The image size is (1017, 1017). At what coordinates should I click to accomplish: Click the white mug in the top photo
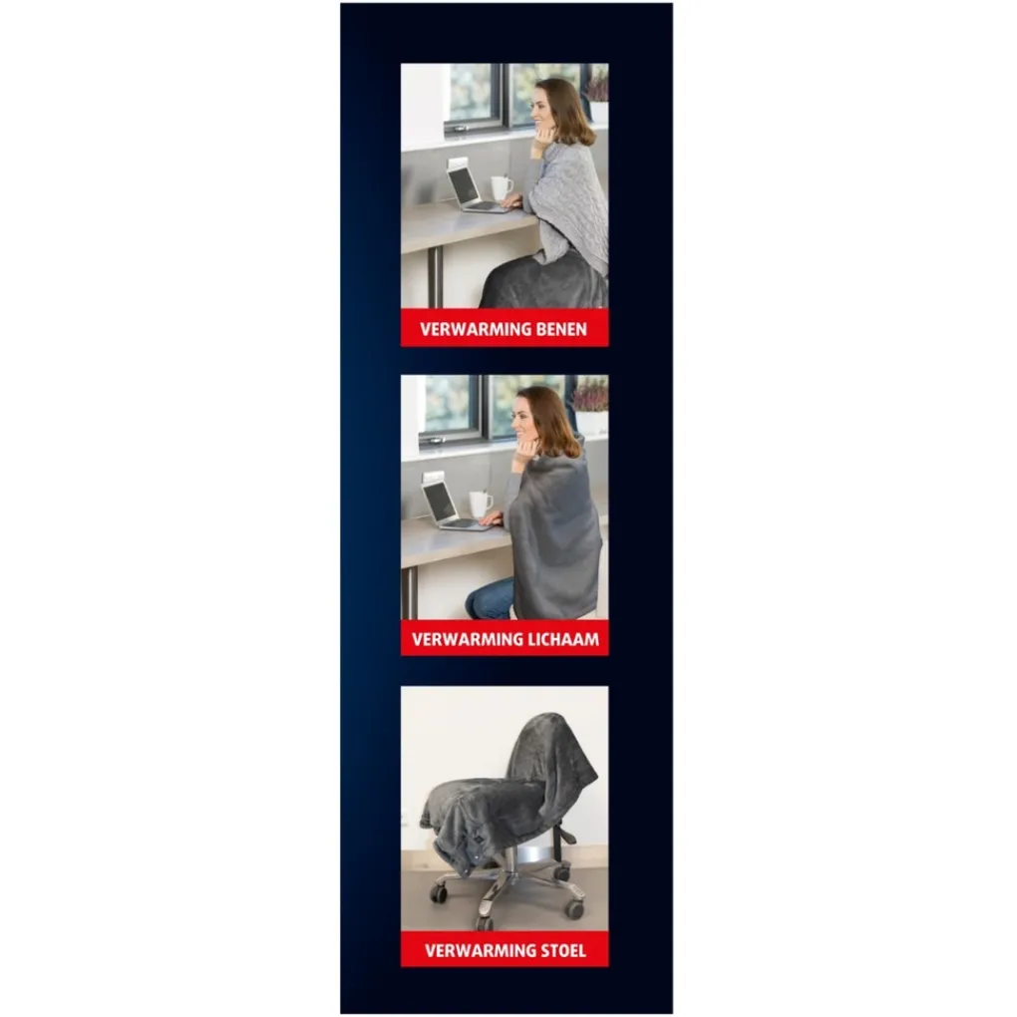[x=501, y=187]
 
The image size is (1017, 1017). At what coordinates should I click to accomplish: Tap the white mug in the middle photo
[x=480, y=504]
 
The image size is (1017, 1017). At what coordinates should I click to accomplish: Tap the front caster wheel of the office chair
[x=485, y=922]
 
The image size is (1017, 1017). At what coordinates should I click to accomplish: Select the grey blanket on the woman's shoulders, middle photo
[x=554, y=535]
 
